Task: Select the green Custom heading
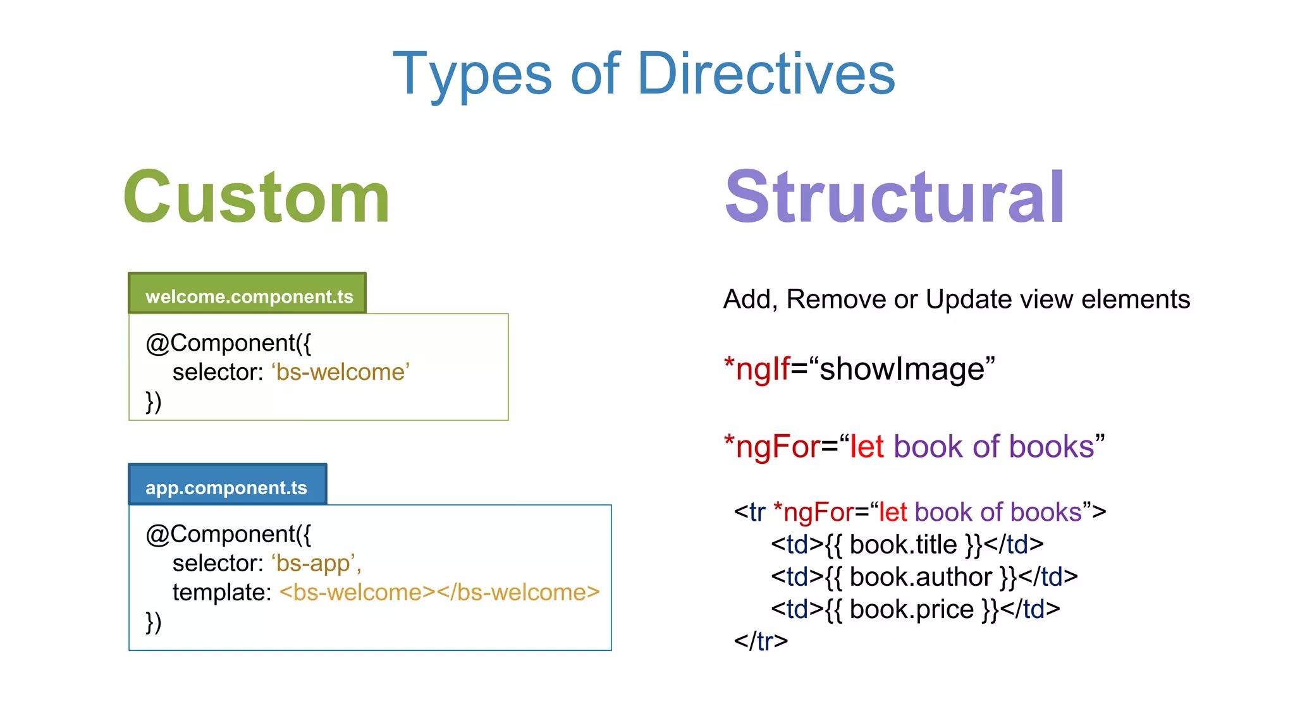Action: point(257,198)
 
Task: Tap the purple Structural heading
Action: point(895,198)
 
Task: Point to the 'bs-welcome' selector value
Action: point(341,372)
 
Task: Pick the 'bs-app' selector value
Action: point(316,563)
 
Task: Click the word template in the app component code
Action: point(221,592)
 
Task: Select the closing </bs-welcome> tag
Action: point(518,592)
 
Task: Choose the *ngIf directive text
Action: point(757,369)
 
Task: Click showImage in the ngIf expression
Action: point(902,369)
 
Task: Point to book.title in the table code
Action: point(903,545)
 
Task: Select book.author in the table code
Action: point(921,577)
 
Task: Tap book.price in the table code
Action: point(911,609)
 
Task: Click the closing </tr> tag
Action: point(761,641)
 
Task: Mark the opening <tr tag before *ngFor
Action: point(750,513)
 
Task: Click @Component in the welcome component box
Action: point(221,343)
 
